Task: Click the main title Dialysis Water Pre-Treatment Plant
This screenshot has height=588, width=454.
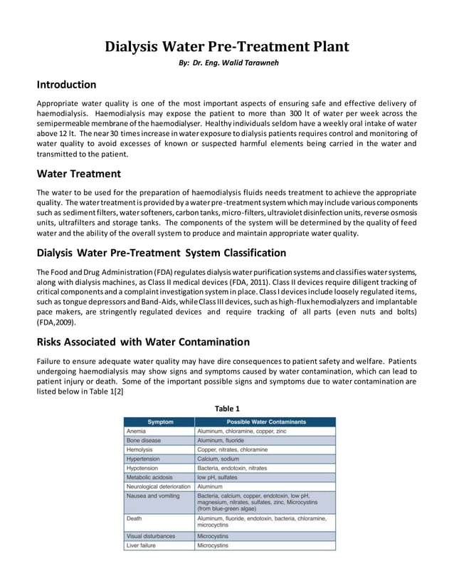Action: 227,48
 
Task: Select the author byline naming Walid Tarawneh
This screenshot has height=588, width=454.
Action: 227,65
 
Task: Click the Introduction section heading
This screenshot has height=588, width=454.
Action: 66,85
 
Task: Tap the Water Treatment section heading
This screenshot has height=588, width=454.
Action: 78,174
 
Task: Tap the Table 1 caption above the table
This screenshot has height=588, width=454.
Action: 227,408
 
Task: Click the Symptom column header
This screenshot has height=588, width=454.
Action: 159,422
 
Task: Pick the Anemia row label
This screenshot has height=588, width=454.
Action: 136,431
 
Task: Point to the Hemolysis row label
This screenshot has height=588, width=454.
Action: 139,450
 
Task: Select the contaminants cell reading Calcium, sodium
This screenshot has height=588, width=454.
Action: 221,459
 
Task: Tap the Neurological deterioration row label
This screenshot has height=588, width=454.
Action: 159,487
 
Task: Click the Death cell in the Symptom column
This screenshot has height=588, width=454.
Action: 134,519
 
